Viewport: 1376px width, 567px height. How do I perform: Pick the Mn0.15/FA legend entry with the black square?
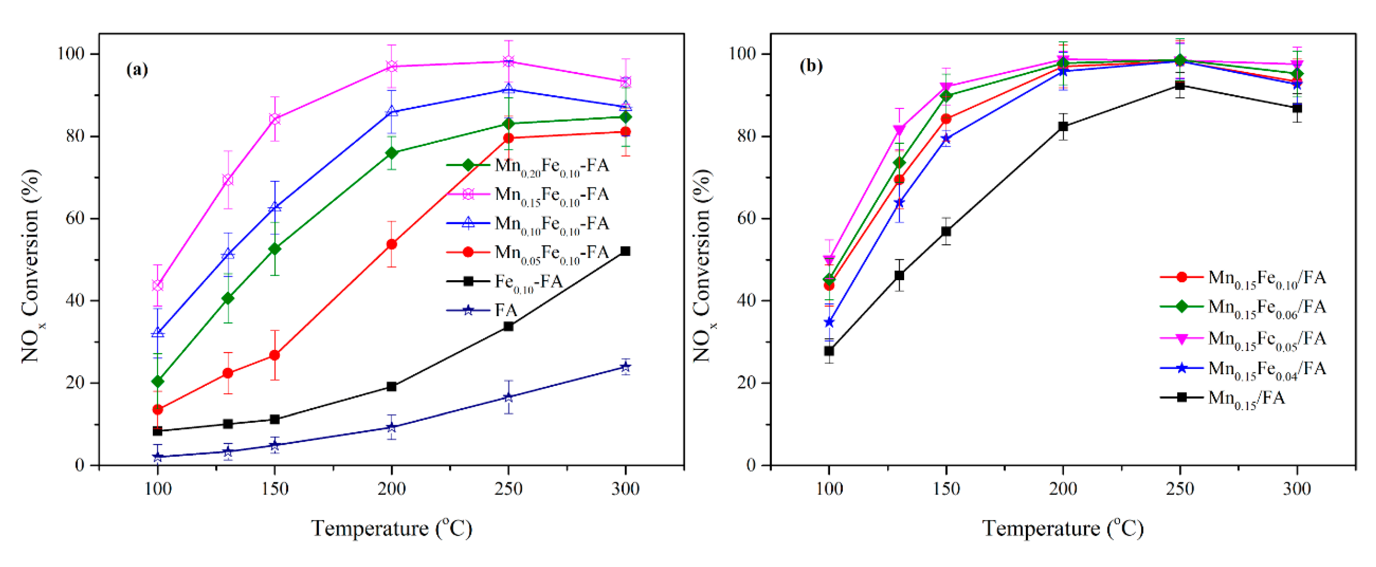click(1246, 398)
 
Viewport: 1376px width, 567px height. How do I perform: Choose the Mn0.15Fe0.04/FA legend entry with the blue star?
click(1266, 368)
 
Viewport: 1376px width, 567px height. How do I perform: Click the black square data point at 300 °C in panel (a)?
click(625, 251)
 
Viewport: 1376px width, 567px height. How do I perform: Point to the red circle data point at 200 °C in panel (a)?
click(392, 244)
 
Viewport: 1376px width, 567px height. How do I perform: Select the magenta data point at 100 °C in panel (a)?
click(158, 285)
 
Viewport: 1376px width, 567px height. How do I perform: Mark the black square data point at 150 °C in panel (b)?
click(946, 231)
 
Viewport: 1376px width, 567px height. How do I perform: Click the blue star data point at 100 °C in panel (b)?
click(829, 322)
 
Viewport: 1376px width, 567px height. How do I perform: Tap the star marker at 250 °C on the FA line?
click(509, 397)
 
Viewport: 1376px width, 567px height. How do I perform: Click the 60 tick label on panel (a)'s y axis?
click(74, 219)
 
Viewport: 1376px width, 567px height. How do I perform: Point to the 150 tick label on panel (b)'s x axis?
click(946, 489)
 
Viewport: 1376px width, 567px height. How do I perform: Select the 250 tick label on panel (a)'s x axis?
click(509, 489)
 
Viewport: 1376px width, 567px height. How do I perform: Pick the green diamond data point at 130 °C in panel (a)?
click(228, 298)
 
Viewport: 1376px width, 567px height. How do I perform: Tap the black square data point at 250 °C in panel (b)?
click(1180, 85)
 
